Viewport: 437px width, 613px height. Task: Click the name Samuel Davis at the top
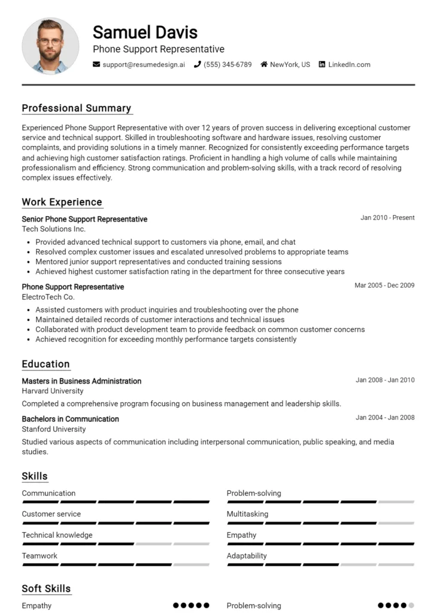click(145, 32)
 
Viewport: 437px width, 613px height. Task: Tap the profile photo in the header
click(50, 46)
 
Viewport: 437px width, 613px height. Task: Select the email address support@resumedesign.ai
click(144, 65)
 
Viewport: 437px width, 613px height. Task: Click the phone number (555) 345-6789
click(227, 65)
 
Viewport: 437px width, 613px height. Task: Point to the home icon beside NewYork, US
click(264, 65)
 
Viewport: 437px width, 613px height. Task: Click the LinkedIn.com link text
click(349, 65)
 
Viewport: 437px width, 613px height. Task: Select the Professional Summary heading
click(76, 108)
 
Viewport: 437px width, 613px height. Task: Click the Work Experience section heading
click(62, 202)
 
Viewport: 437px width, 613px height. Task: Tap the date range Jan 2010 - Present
click(387, 218)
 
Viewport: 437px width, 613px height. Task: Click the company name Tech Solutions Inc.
click(54, 229)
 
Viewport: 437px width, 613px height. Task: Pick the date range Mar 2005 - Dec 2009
click(384, 286)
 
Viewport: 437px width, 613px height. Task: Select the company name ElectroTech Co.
click(48, 297)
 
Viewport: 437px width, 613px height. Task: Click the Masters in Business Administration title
click(81, 381)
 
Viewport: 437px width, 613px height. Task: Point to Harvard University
click(53, 392)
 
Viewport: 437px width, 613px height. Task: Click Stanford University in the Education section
click(54, 429)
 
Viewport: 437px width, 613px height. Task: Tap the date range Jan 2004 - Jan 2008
click(385, 418)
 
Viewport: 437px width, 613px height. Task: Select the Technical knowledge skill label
click(57, 535)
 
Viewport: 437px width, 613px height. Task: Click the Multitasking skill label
click(247, 514)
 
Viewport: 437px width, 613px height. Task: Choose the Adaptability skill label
click(247, 556)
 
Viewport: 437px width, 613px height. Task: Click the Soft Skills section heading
click(46, 589)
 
